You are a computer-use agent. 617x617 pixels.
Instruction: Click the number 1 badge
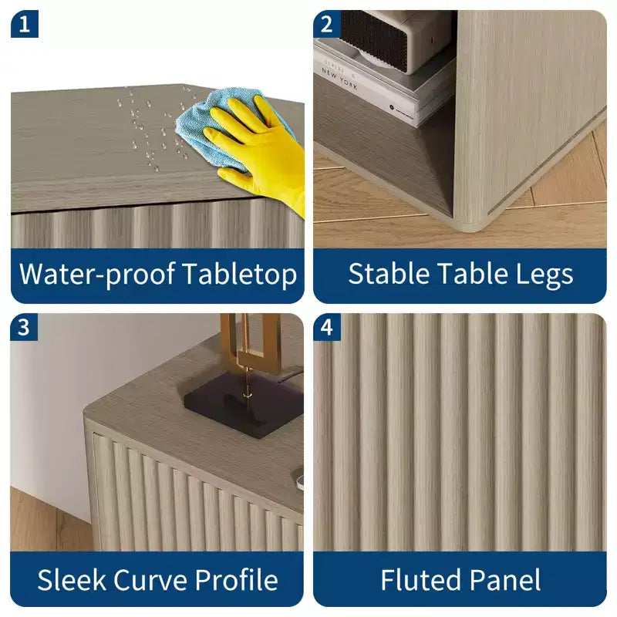(25, 24)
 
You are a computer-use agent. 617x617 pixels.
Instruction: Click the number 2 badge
(326, 24)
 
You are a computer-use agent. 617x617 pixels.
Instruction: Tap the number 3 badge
(24, 327)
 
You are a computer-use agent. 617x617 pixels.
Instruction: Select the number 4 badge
(327, 327)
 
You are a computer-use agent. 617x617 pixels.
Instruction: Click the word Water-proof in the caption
(97, 275)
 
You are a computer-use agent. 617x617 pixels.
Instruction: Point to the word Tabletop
(240, 275)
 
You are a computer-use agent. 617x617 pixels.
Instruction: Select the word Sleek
(72, 580)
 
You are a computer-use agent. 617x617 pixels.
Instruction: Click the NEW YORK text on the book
(339, 79)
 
